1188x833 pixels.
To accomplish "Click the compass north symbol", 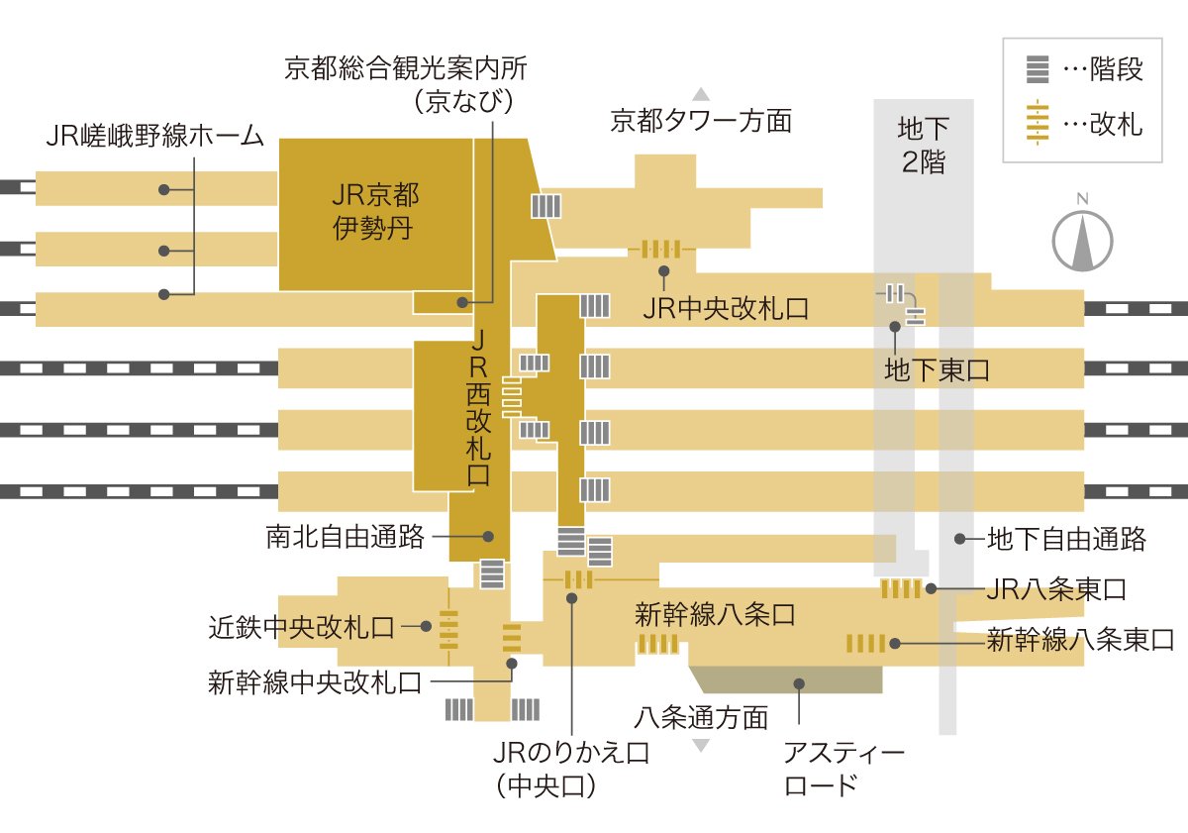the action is point(1082,237).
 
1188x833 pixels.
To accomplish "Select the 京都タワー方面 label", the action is point(701,121).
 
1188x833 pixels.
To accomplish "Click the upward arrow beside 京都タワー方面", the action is point(701,95).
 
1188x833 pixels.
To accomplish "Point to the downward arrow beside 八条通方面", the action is point(701,745).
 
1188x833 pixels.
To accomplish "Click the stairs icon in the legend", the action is point(1037,70).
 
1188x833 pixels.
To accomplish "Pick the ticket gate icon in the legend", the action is point(1037,124).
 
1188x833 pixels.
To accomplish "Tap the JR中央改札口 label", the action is point(725,308).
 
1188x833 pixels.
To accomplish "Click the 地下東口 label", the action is point(937,370).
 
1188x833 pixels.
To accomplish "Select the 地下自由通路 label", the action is point(1066,539).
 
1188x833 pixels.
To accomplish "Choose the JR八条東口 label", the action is point(1056,590).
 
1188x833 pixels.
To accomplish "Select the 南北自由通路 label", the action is point(345,537).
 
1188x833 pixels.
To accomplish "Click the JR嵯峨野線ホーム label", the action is point(155,136).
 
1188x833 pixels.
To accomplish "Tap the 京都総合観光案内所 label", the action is point(406,68).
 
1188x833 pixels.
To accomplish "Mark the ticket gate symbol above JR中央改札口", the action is point(660,249).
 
